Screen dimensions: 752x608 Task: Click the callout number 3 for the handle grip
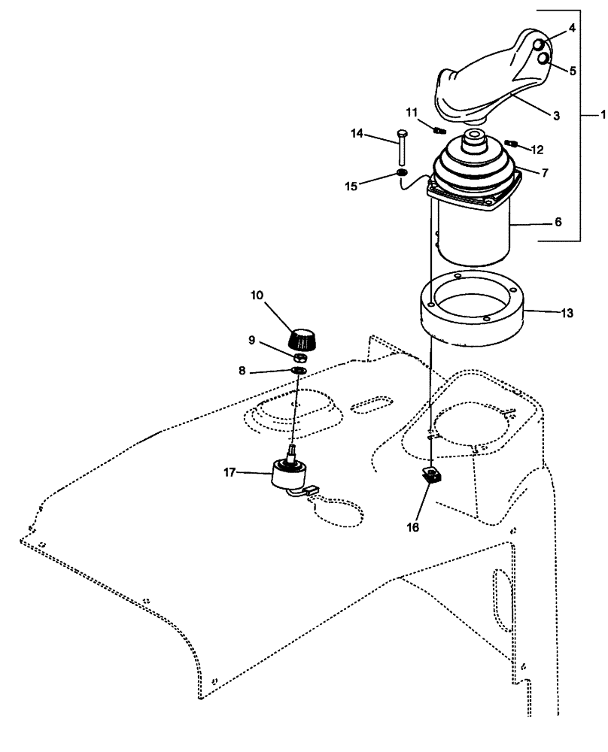556,116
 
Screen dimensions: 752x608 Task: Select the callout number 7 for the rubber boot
544,172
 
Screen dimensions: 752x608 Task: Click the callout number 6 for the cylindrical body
558,223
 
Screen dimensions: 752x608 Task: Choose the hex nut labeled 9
299,356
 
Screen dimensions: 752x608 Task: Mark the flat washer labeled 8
298,371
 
